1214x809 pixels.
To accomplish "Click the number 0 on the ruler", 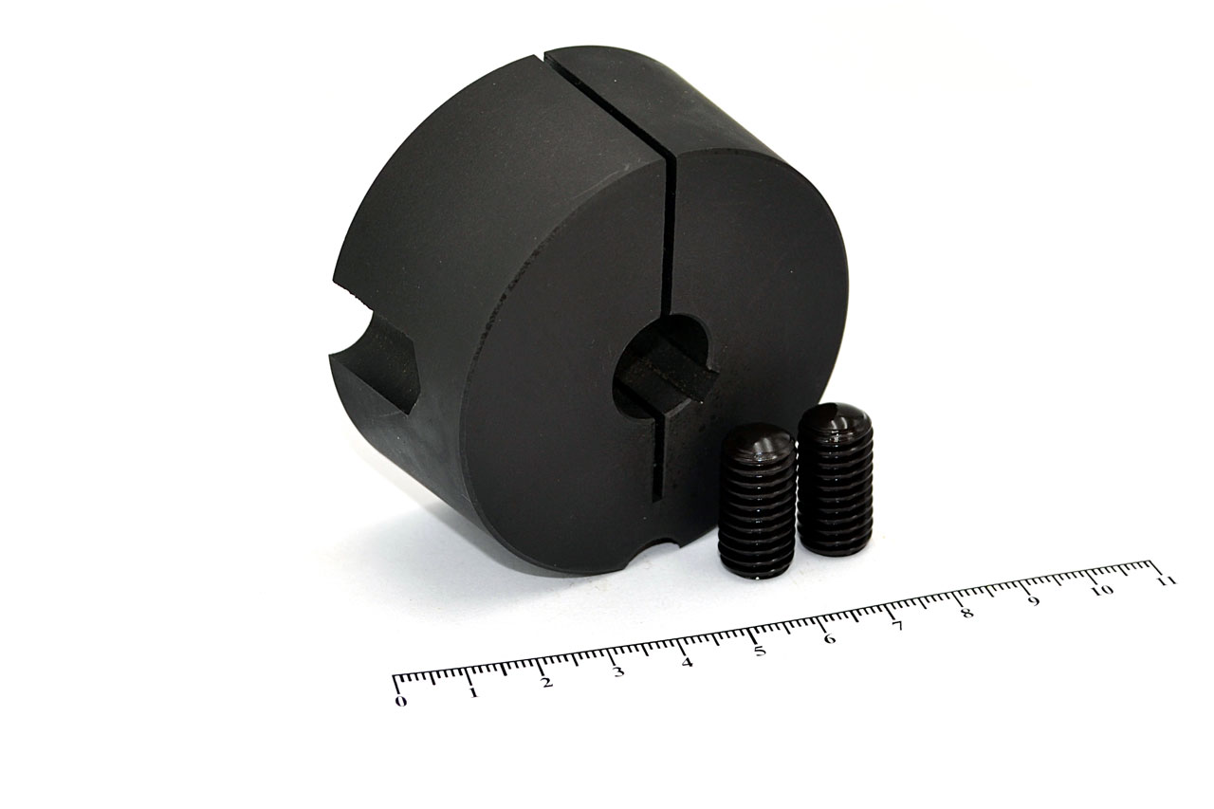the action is tap(400, 701).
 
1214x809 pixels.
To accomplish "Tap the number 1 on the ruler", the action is tap(473, 692).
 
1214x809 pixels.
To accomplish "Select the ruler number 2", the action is tap(547, 682).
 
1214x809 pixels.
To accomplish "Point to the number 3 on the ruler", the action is tap(618, 672).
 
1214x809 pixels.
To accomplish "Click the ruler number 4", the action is tap(688, 662).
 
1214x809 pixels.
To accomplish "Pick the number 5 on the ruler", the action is tap(760, 651).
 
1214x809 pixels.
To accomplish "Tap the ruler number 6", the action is tap(830, 639).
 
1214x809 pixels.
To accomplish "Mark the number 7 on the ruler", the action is tap(898, 626).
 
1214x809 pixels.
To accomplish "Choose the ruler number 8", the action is tap(966, 614).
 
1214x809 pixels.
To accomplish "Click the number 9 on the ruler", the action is tap(1035, 601).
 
